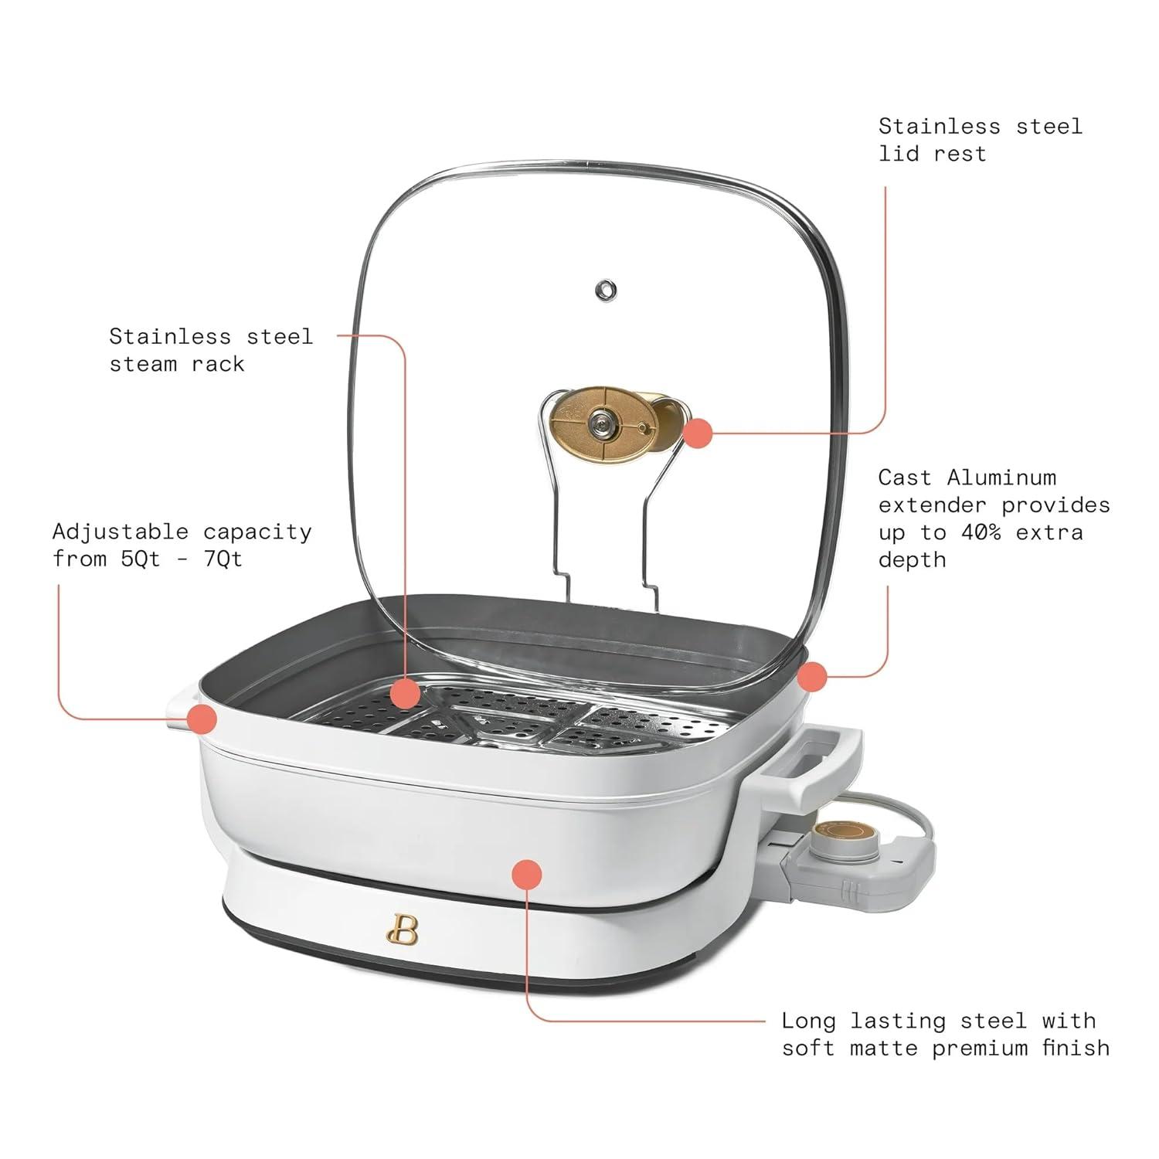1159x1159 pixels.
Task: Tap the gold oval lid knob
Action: (603, 423)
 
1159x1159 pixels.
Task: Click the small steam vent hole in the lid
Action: (605, 291)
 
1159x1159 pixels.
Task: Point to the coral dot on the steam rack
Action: (405, 693)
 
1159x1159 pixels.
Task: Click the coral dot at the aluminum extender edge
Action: (811, 677)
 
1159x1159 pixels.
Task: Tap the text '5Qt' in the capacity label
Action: (141, 559)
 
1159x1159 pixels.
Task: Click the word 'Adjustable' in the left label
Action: (120, 532)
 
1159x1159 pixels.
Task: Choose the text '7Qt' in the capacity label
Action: (223, 559)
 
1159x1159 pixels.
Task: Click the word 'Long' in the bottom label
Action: (808, 1021)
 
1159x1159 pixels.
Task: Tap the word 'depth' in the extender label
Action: (912, 559)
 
